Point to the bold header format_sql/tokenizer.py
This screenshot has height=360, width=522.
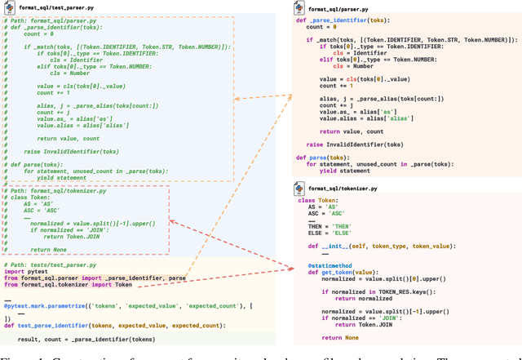(x=343, y=189)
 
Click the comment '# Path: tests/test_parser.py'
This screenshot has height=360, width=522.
(x=49, y=264)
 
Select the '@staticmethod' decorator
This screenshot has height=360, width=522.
(x=330, y=265)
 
